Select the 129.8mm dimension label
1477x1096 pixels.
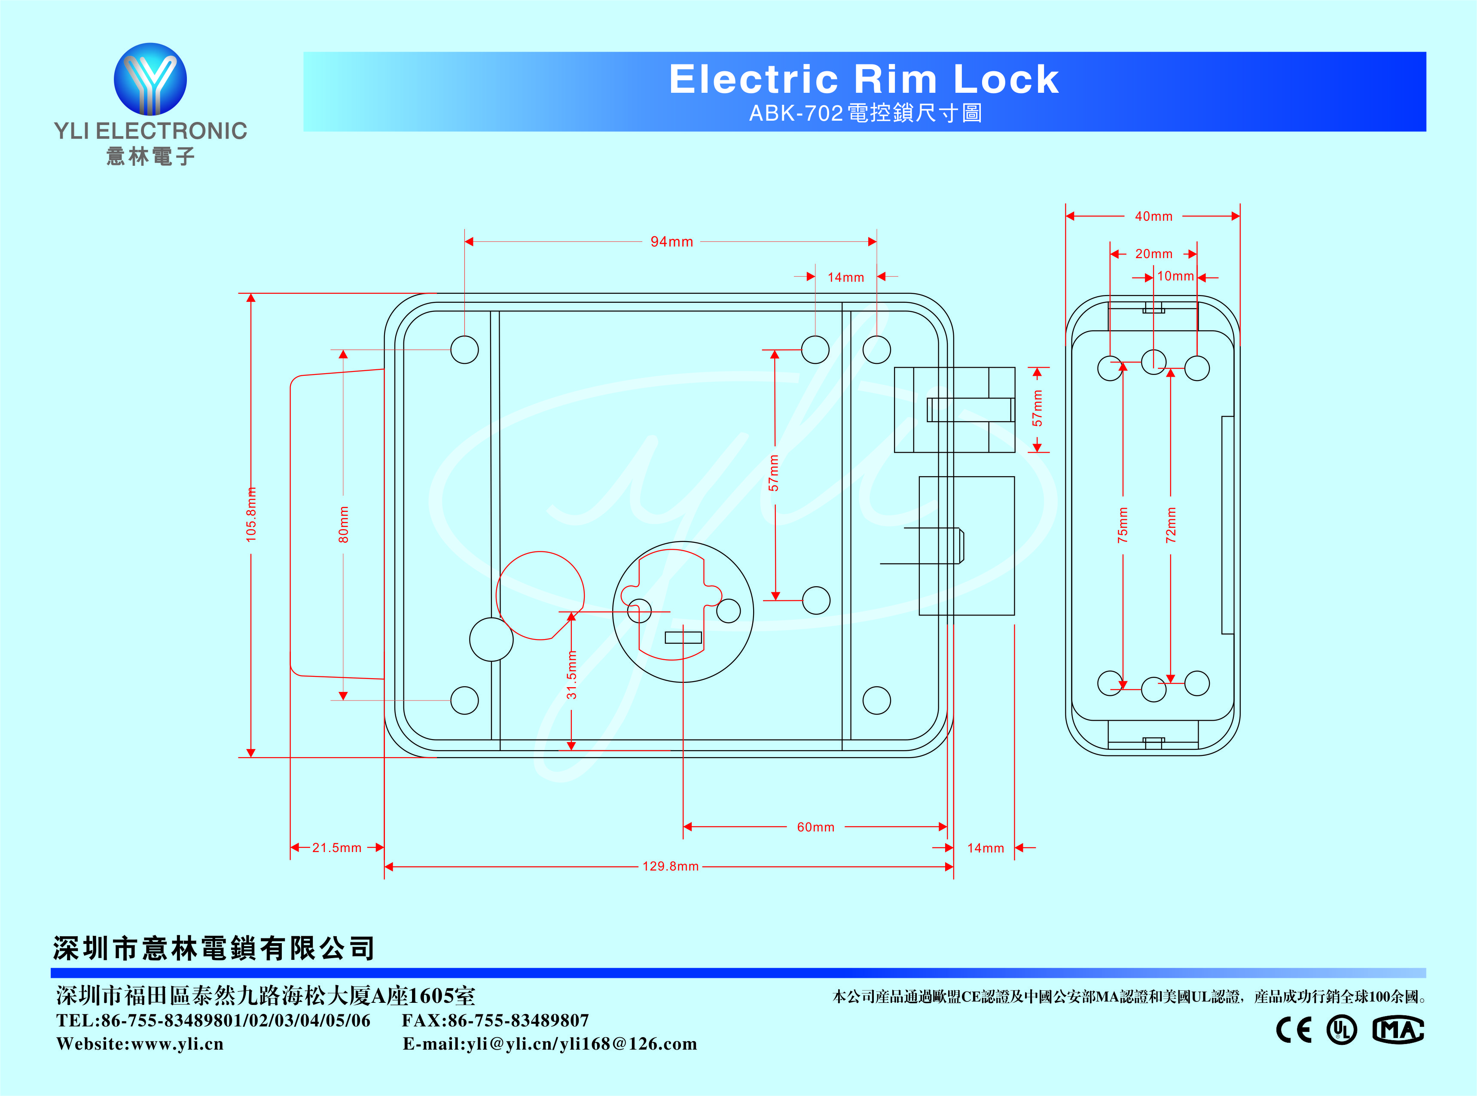[x=670, y=867]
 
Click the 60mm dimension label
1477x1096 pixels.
[x=815, y=827]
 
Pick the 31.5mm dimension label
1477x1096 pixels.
[x=571, y=675]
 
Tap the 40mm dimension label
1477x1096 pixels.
[x=1153, y=216]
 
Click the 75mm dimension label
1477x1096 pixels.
[x=1123, y=525]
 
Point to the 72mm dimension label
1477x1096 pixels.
[x=1170, y=525]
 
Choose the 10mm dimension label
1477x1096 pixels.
[x=1175, y=277]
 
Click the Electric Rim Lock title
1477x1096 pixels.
[x=864, y=79]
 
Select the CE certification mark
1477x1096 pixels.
[x=1294, y=1030]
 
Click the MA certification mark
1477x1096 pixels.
[x=1398, y=1030]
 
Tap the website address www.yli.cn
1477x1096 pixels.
[x=177, y=1044]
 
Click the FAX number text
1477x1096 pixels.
[x=495, y=1020]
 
